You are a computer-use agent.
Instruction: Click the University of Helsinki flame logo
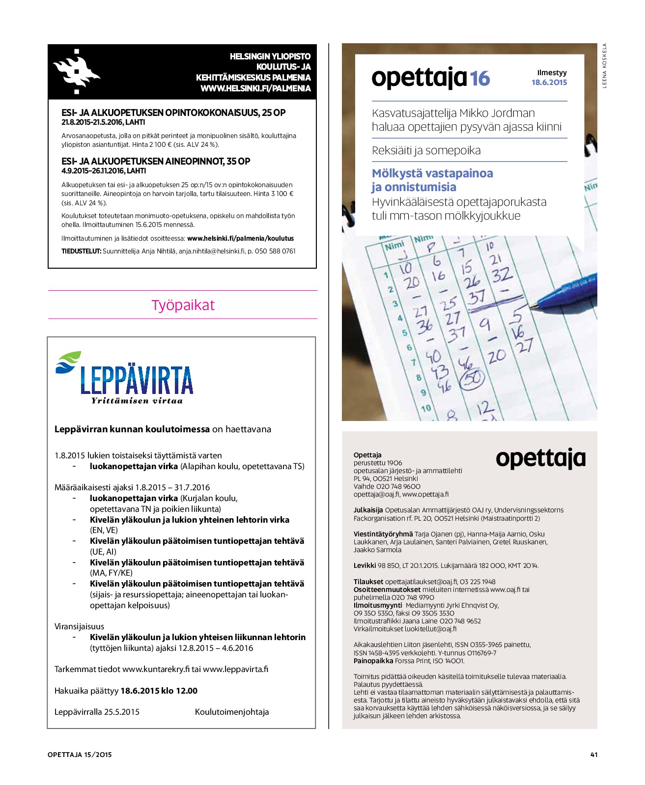(76, 72)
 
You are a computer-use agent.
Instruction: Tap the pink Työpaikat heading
(183, 305)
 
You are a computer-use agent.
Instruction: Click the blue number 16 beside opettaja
(480, 79)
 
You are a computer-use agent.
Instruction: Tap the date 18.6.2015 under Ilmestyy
(549, 83)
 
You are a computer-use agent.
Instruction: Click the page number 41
(593, 755)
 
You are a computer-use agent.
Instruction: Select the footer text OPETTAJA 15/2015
(80, 755)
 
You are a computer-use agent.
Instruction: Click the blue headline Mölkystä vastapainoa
(432, 173)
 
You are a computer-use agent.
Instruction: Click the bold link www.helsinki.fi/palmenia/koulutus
(240, 238)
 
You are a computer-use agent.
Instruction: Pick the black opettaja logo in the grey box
(540, 459)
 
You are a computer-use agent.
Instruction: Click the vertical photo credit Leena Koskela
(605, 66)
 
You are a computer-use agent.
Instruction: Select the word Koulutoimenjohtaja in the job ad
(232, 712)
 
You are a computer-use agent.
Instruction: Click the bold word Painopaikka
(373, 661)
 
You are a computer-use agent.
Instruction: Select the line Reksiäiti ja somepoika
(426, 150)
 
